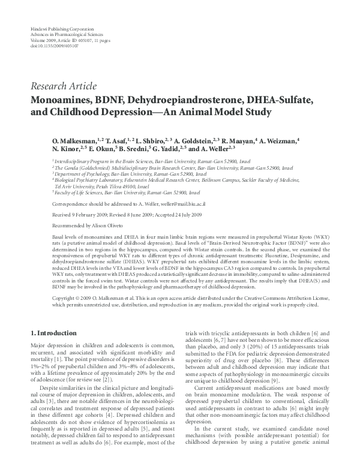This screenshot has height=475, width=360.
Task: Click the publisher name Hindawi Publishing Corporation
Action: tap(56, 29)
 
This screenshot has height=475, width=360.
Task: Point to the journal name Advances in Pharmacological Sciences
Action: tap(61, 35)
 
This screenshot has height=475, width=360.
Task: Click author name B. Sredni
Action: tap(137, 149)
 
